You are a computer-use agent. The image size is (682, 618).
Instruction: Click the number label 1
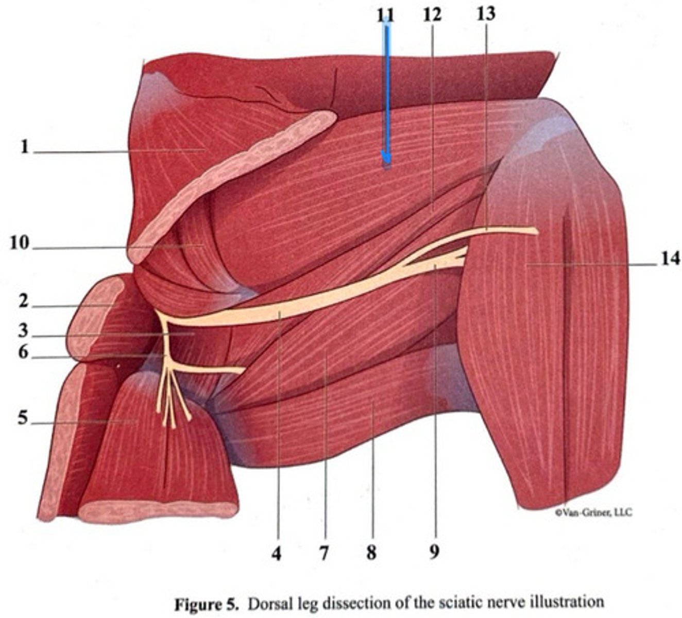click(24, 147)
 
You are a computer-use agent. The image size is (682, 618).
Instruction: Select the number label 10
click(19, 243)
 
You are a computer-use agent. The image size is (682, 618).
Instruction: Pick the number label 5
click(23, 418)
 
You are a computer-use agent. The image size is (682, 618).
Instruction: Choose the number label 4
click(277, 554)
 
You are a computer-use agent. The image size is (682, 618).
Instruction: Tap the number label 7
click(323, 554)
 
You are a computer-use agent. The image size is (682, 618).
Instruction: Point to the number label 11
click(385, 15)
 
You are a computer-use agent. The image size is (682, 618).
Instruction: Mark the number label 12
click(432, 14)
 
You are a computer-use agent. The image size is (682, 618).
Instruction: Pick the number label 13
click(485, 13)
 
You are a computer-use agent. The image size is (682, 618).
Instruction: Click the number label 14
click(670, 259)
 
